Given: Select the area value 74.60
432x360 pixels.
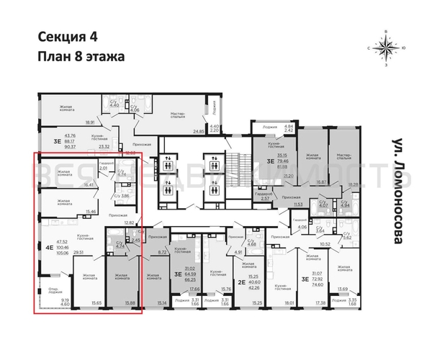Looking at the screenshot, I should tap(316, 285).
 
